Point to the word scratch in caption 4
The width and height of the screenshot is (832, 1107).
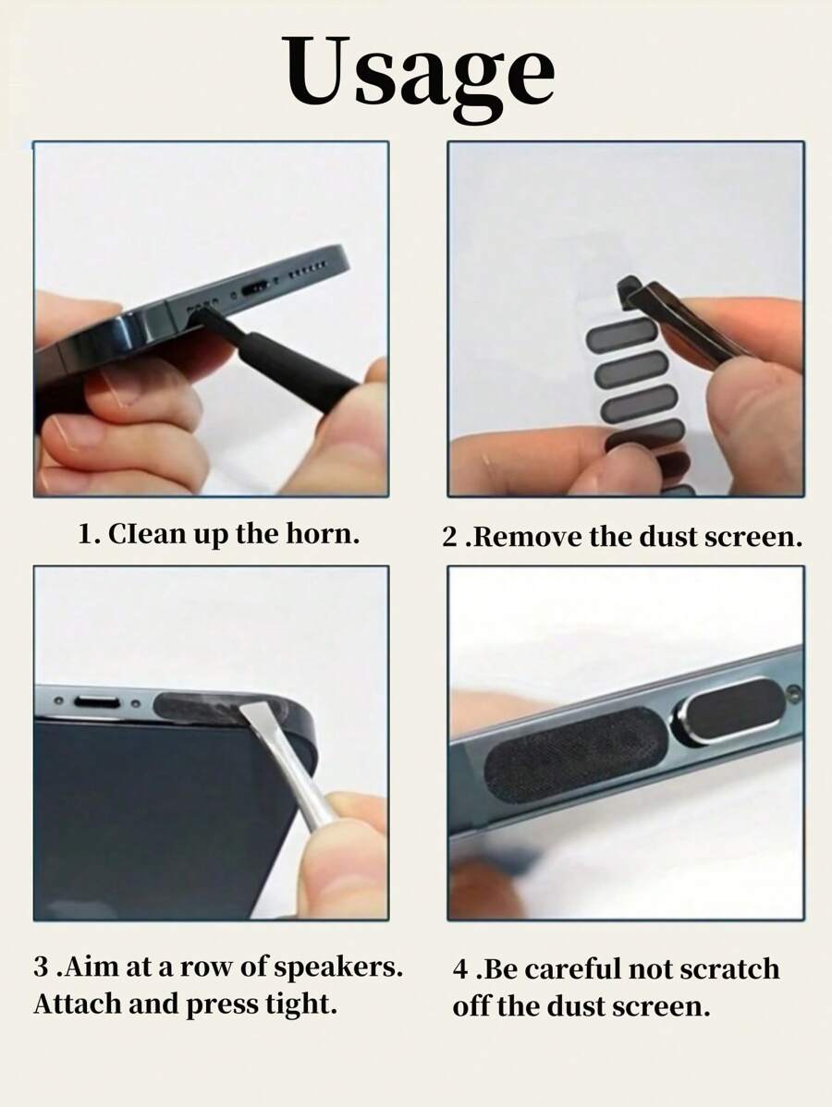point(729,969)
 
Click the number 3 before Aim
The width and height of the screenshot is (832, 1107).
point(41,969)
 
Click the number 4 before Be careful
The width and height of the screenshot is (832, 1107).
point(459,970)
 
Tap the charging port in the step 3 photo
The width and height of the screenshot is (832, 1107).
point(96,703)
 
